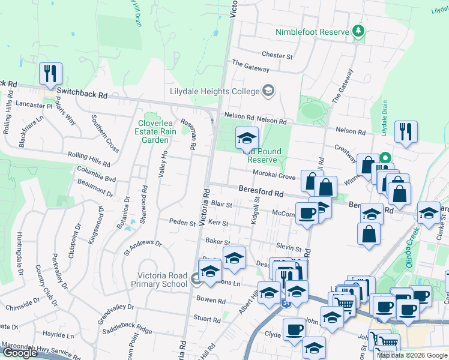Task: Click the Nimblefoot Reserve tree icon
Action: pyautogui.click(x=358, y=31)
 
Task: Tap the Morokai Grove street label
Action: pyautogui.click(x=274, y=176)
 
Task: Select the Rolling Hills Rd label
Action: pyautogui.click(x=89, y=159)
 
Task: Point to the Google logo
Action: pyautogui.click(x=19, y=353)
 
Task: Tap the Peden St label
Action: pyautogui.click(x=182, y=223)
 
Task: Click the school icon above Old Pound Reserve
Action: pyautogui.click(x=246, y=138)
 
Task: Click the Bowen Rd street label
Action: pyautogui.click(x=211, y=300)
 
